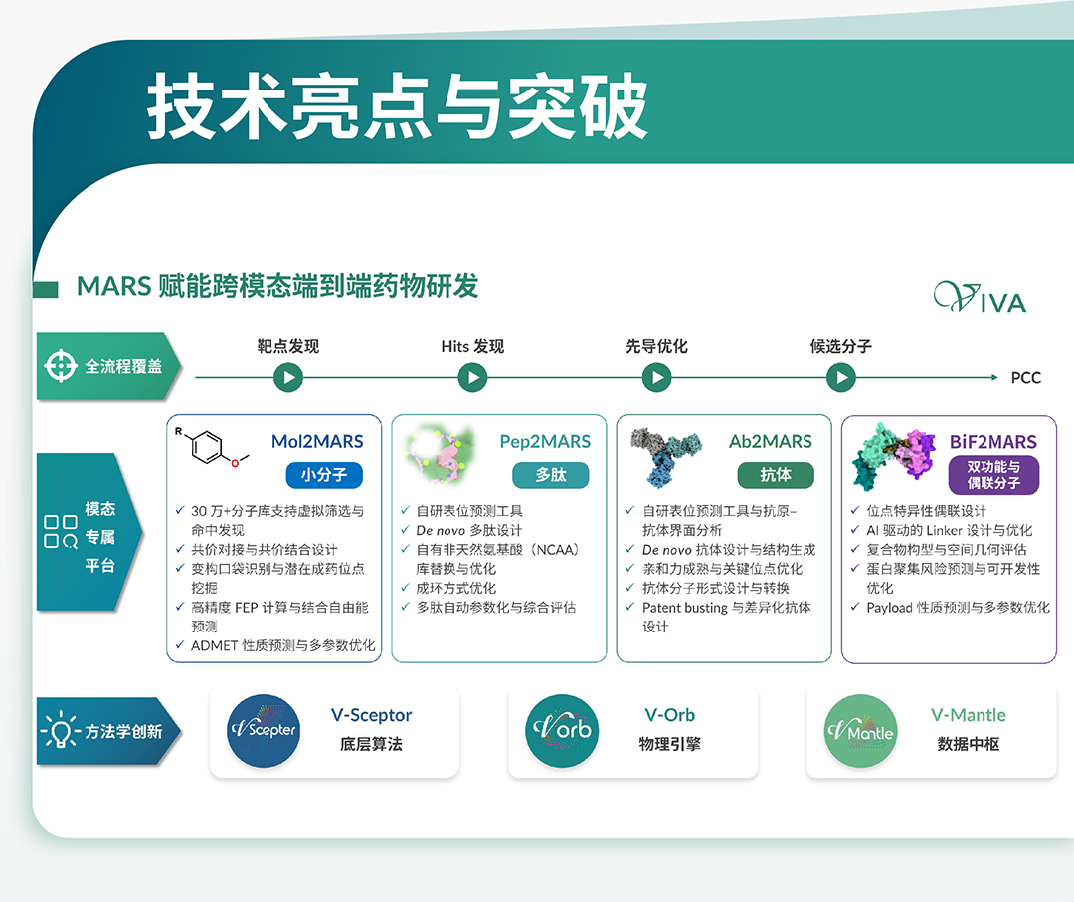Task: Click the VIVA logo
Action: pyautogui.click(x=981, y=298)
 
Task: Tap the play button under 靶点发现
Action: pyautogui.click(x=288, y=377)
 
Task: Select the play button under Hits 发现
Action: pyautogui.click(x=472, y=377)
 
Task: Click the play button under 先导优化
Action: pyautogui.click(x=657, y=377)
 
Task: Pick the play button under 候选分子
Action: pyautogui.click(x=841, y=377)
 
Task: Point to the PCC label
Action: pyautogui.click(x=1025, y=378)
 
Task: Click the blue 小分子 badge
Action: pyautogui.click(x=324, y=475)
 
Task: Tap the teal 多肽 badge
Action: pyautogui.click(x=551, y=475)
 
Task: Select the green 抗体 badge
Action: pyautogui.click(x=776, y=475)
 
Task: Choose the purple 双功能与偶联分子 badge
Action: pyautogui.click(x=993, y=475)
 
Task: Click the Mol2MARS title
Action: pyautogui.click(x=317, y=442)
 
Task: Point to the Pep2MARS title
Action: pyautogui.click(x=545, y=442)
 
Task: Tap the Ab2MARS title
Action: pyautogui.click(x=771, y=442)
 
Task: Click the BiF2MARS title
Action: pyautogui.click(x=993, y=442)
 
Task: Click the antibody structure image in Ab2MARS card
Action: pyautogui.click(x=665, y=456)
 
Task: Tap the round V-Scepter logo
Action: pyautogui.click(x=264, y=731)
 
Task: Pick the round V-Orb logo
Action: pyautogui.click(x=562, y=731)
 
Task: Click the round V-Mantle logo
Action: pyautogui.click(x=860, y=731)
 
